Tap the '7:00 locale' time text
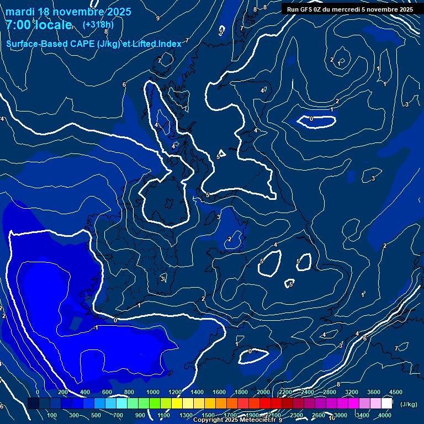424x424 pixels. pos(39,25)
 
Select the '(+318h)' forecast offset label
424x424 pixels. pos(99,25)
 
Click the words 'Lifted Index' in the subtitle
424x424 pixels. pos(158,44)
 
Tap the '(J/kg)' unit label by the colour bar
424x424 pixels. pos(408,405)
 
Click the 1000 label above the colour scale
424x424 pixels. pos(152,392)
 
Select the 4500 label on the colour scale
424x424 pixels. pos(395,392)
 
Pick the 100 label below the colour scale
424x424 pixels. pos(52,415)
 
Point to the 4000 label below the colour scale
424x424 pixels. pos(385,415)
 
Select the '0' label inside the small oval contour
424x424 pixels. pos(311,119)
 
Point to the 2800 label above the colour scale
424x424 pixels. pos(330,392)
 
